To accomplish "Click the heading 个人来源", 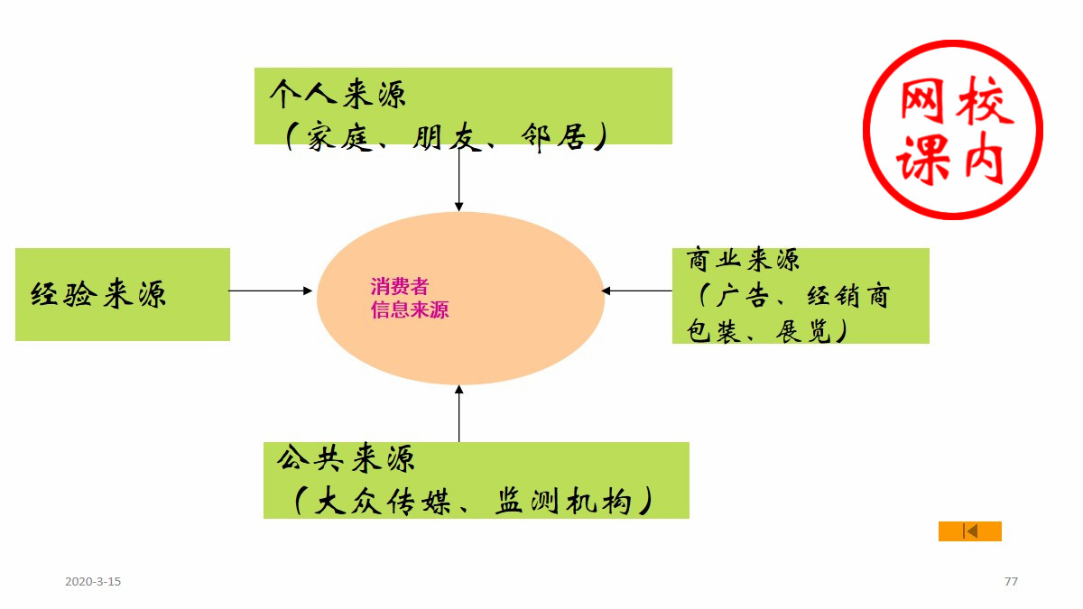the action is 338,93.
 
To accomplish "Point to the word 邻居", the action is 554,138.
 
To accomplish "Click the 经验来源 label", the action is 99,295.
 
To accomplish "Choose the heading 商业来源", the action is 742,261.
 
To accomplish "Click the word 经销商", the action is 847,296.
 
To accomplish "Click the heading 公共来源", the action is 347,459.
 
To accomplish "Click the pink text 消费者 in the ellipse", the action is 399,288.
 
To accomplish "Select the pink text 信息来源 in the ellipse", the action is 409,311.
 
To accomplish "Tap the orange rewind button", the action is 970,531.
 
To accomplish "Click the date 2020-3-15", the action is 93,582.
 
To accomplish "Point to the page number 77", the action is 1011,582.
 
